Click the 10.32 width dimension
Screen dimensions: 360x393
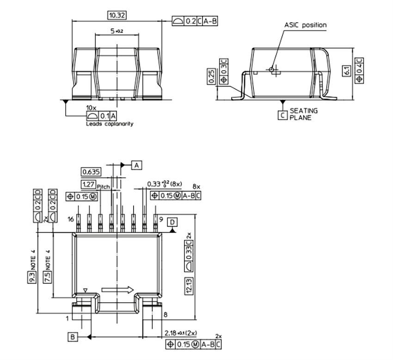click(117, 15)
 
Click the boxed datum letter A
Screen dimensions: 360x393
click(137, 164)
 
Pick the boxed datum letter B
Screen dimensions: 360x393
click(73, 336)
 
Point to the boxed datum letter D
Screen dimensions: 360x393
click(172, 222)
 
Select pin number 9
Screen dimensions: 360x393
click(161, 219)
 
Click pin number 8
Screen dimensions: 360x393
click(165, 315)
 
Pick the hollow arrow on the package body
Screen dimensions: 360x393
click(117, 289)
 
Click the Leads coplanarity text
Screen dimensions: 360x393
click(110, 124)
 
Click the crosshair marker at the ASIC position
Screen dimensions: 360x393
click(272, 70)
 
